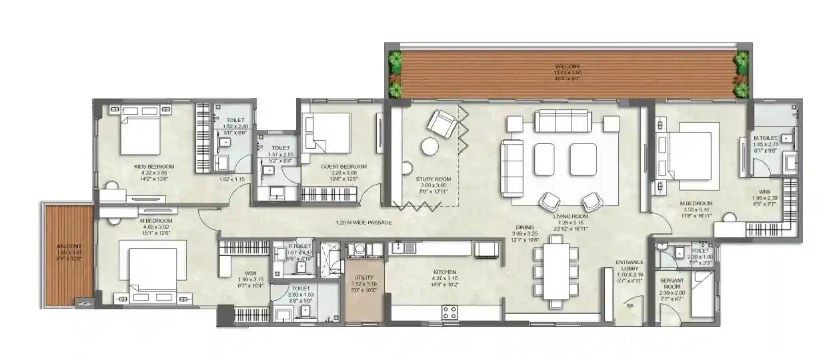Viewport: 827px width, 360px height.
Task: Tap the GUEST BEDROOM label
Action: pos(343,166)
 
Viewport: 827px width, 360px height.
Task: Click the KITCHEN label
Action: pos(444,272)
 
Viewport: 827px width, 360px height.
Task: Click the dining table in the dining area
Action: pos(556,271)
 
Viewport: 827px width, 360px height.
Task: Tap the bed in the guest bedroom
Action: pos(327,133)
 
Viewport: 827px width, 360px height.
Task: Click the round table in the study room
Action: pos(430,146)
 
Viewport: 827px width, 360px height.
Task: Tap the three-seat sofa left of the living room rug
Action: pos(512,168)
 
